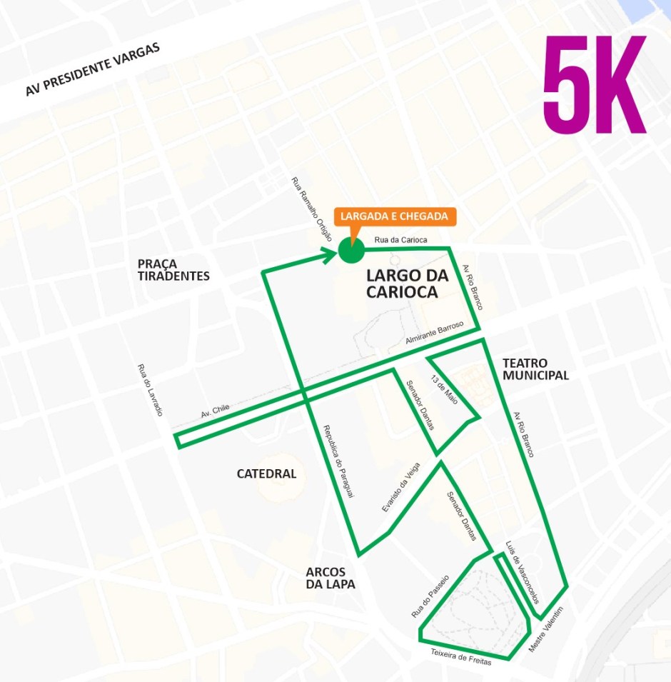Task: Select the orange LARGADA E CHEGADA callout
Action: (394, 216)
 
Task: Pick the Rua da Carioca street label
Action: (400, 240)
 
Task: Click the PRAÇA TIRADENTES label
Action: (173, 270)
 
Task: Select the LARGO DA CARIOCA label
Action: (402, 284)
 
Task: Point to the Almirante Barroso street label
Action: (435, 332)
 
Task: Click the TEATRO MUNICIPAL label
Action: (535, 369)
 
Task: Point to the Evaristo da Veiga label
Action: (400, 487)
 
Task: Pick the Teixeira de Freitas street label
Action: (461, 658)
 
